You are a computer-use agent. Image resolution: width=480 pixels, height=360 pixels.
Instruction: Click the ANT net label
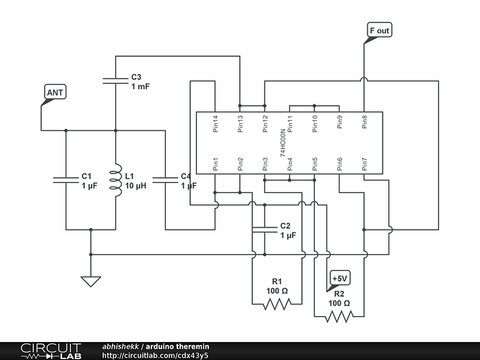tap(55, 91)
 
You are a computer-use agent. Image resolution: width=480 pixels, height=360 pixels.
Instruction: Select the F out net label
tap(379, 30)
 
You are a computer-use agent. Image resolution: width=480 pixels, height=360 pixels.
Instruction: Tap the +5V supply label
tap(339, 278)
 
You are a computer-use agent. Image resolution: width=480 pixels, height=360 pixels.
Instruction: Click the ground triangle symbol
tap(91, 282)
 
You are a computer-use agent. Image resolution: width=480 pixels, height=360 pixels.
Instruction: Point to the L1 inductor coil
tap(116, 180)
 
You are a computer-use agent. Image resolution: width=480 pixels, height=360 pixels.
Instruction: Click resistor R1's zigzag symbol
tap(277, 304)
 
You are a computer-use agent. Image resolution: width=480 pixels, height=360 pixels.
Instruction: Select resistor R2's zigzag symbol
tap(339, 317)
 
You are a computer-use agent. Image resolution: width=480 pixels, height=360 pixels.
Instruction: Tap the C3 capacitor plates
tap(115, 81)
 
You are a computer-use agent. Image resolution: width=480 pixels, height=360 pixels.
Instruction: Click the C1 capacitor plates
tap(66, 180)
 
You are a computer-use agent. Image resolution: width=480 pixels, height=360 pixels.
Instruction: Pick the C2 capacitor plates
tap(265, 230)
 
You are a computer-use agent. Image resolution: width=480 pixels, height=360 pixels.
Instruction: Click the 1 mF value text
tap(141, 86)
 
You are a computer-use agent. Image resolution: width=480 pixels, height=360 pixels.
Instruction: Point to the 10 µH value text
tap(135, 186)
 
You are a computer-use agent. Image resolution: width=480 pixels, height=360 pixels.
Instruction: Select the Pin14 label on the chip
tap(215, 124)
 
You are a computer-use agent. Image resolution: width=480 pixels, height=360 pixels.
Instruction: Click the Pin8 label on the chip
tap(364, 122)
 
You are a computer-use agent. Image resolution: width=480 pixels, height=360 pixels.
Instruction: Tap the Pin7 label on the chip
tap(364, 164)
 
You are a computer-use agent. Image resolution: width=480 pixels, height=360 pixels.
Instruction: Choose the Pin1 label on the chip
tap(215, 164)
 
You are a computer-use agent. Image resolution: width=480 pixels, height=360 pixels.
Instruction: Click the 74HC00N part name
tap(283, 143)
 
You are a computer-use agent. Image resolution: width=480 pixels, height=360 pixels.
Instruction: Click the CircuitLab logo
tap(51, 351)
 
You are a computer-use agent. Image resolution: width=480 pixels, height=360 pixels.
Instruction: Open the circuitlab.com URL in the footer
tap(155, 356)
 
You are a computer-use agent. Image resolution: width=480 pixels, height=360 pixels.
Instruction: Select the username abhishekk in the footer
tap(120, 346)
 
